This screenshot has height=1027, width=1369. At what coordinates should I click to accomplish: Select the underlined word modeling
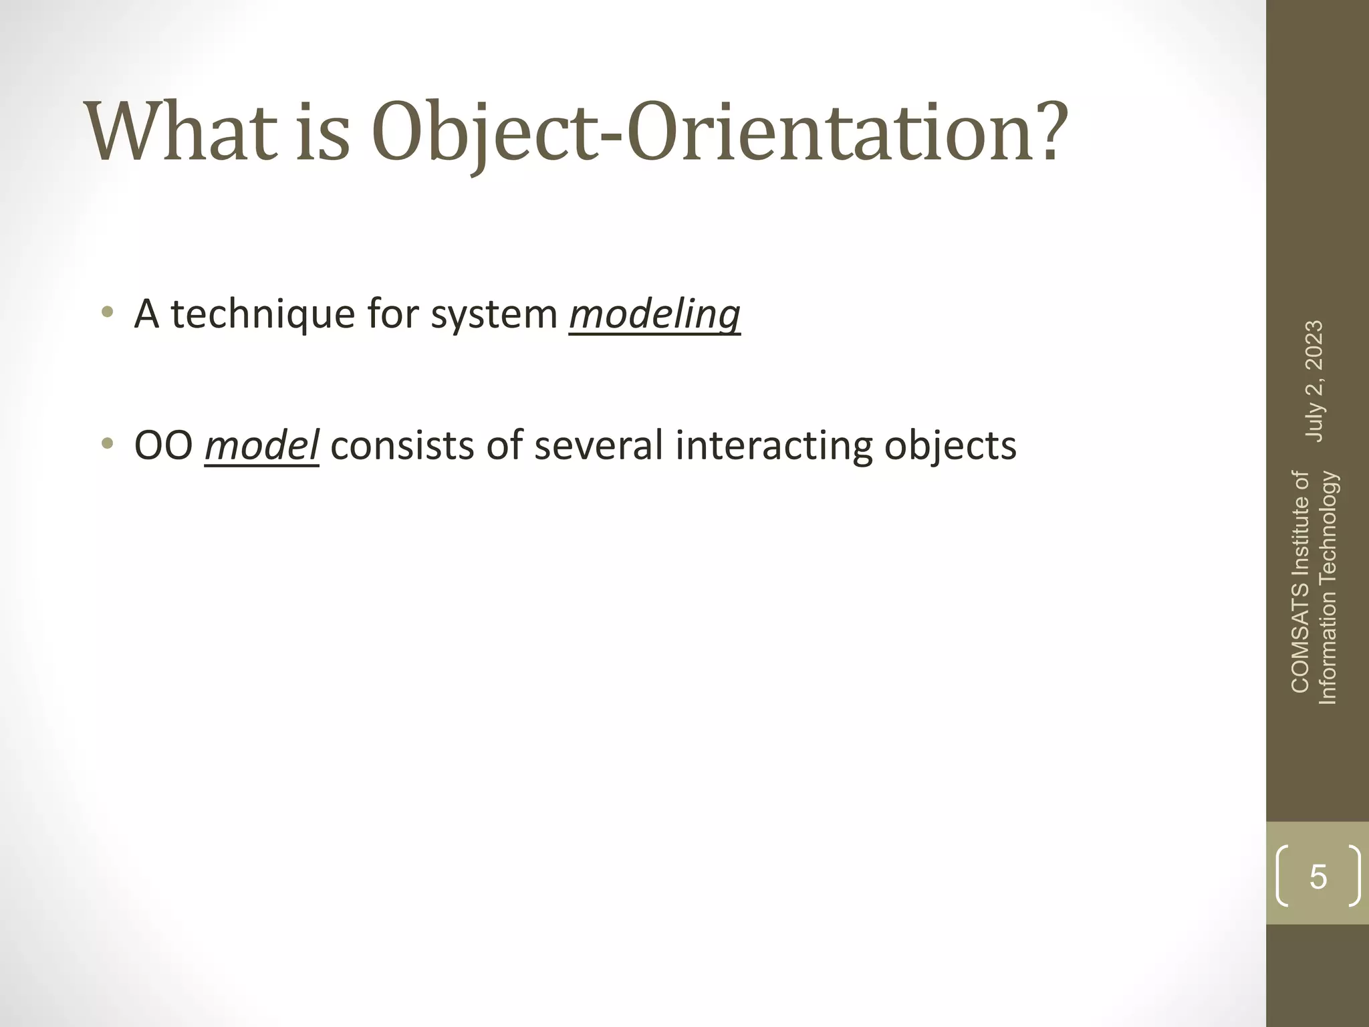(x=654, y=314)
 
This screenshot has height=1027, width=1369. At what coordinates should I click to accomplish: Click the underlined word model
(x=261, y=446)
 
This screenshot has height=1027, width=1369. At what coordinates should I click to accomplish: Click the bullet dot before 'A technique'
(x=107, y=312)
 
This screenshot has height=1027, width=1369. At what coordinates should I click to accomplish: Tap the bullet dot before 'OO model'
(x=107, y=444)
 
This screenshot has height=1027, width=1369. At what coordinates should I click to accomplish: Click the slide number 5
(x=1318, y=877)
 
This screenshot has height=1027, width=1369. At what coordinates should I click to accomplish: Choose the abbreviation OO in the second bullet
(x=164, y=446)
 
